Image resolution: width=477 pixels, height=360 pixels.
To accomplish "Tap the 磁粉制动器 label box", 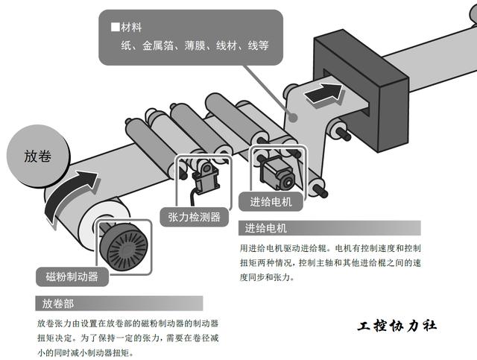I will coord(72,277).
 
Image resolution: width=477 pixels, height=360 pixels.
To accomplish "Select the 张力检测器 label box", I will coord(194,217).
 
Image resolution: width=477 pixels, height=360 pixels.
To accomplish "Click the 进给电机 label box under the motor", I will coord(266,201).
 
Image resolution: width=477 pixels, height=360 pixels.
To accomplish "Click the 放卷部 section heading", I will coord(58,304).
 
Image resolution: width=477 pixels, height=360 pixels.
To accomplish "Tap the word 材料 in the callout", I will coord(131,28).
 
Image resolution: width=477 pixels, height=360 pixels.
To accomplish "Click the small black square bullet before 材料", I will coord(115,28).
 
